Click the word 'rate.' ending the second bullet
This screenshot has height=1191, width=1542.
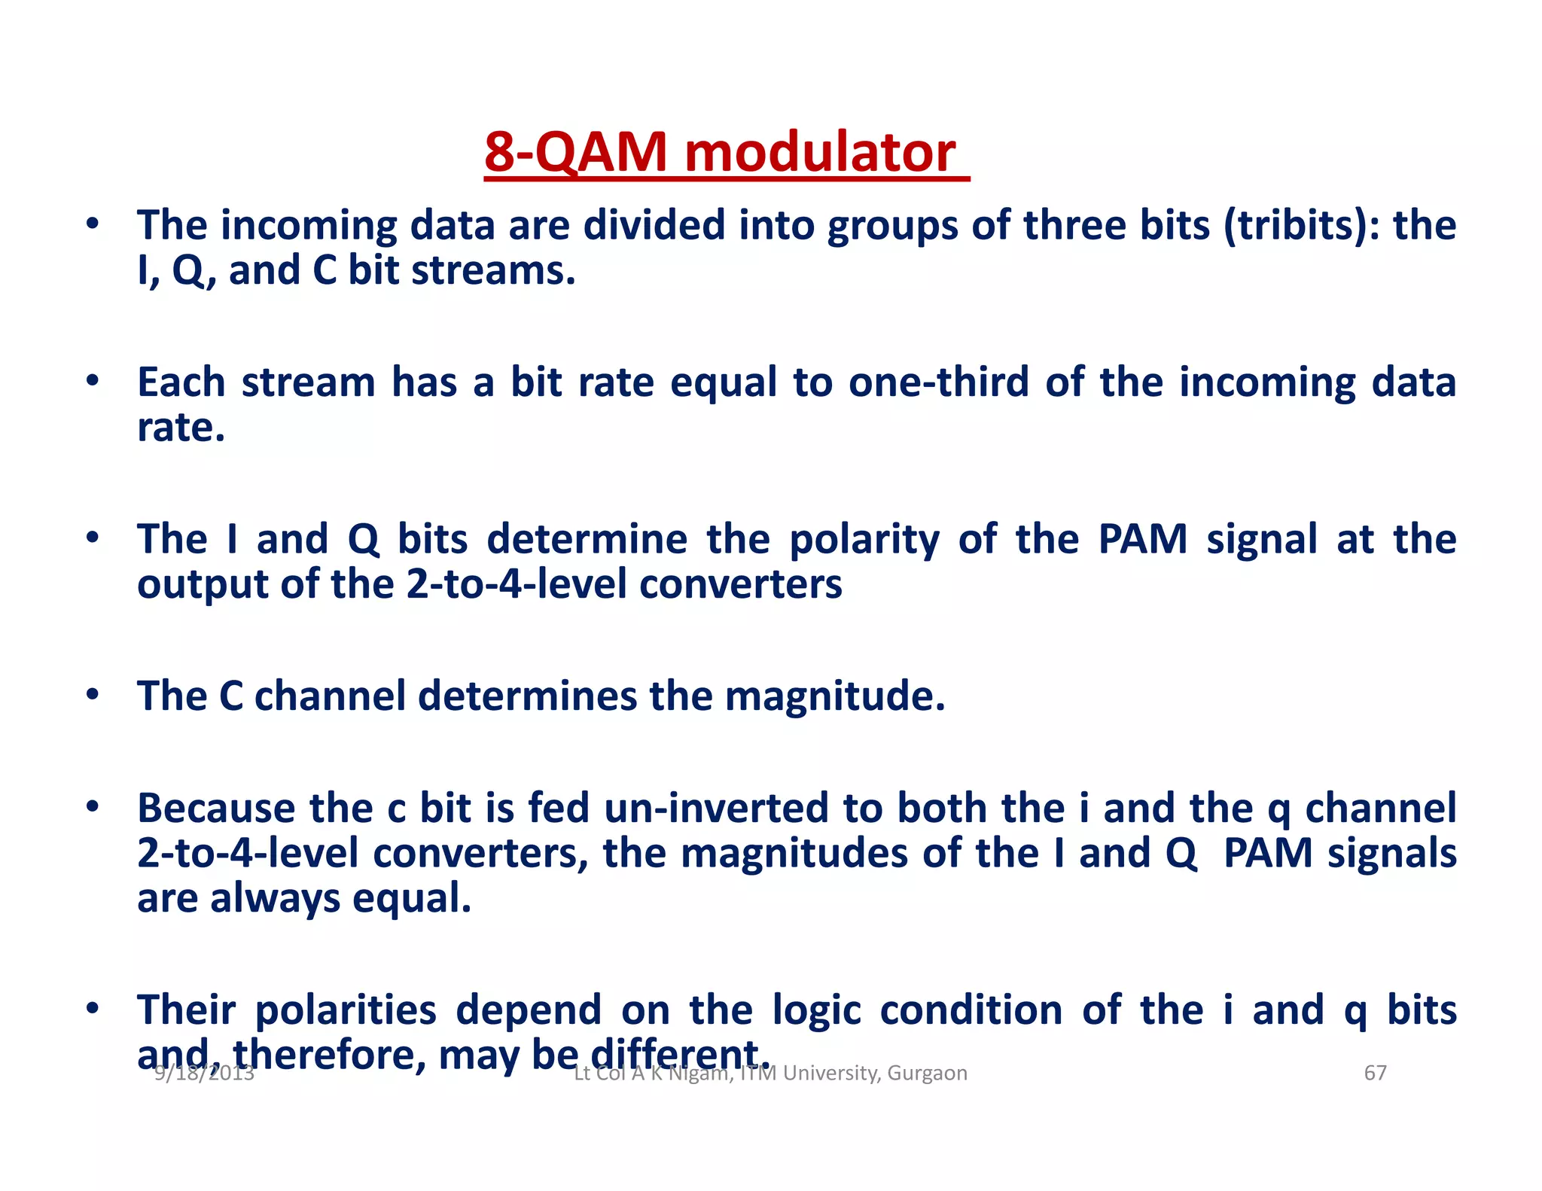point(181,428)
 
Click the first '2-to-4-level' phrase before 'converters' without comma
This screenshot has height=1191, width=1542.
point(516,585)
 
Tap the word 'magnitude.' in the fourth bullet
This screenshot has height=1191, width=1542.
point(834,696)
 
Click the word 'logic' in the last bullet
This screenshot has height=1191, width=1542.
point(816,1010)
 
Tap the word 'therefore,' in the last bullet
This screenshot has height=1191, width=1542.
point(329,1055)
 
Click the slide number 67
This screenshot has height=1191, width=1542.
point(1375,1073)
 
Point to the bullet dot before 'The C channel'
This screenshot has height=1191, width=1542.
point(92,694)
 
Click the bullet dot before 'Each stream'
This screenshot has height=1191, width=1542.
point(92,380)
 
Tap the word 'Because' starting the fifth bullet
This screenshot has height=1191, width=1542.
point(216,809)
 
